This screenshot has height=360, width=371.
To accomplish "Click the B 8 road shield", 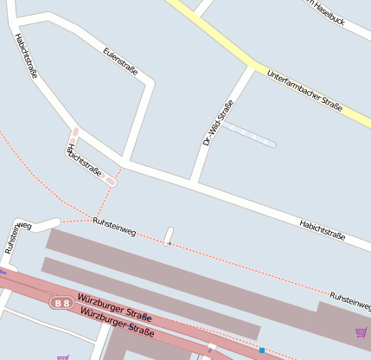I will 61,303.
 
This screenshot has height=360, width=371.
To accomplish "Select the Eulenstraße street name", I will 120,64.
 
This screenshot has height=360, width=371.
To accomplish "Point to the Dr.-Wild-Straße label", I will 218,122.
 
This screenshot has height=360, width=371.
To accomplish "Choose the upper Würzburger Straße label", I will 114,308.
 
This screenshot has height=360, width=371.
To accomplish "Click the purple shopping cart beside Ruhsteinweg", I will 361,332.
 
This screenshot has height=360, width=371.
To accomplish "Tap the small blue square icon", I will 261,350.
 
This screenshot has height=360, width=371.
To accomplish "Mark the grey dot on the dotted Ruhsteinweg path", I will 168,244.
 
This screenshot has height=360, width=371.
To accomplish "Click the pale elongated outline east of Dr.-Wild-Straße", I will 250,136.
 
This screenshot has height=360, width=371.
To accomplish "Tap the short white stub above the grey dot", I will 169,235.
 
